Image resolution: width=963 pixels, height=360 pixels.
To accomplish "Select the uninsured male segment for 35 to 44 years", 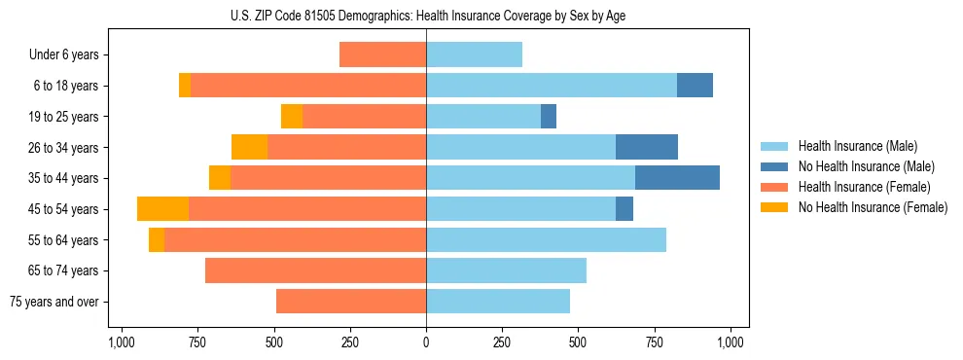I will coord(677,178).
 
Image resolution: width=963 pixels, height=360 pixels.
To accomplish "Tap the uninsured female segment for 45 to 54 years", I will coord(162,209).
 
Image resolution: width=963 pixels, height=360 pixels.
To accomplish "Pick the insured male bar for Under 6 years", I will coord(474,54).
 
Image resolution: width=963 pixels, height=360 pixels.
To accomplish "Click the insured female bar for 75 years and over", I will coord(351,302).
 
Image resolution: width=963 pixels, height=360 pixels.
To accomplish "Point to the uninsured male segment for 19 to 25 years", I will coord(549,117).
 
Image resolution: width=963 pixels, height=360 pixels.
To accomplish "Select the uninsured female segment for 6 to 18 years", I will coord(185,86).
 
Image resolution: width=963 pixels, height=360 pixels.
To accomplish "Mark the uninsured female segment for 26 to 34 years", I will coord(249,147).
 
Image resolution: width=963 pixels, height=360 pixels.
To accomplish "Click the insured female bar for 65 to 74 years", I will coord(315,270).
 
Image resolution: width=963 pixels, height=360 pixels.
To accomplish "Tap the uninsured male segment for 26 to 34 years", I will coord(647,147).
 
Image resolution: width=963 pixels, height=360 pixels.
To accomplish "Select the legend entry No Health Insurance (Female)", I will coord(873,207).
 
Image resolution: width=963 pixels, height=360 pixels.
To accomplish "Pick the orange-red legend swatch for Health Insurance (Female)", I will coord(774,187).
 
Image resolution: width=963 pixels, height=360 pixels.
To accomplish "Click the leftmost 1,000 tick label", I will coord(121,342).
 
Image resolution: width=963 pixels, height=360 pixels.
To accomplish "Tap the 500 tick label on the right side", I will coord(578,342).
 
